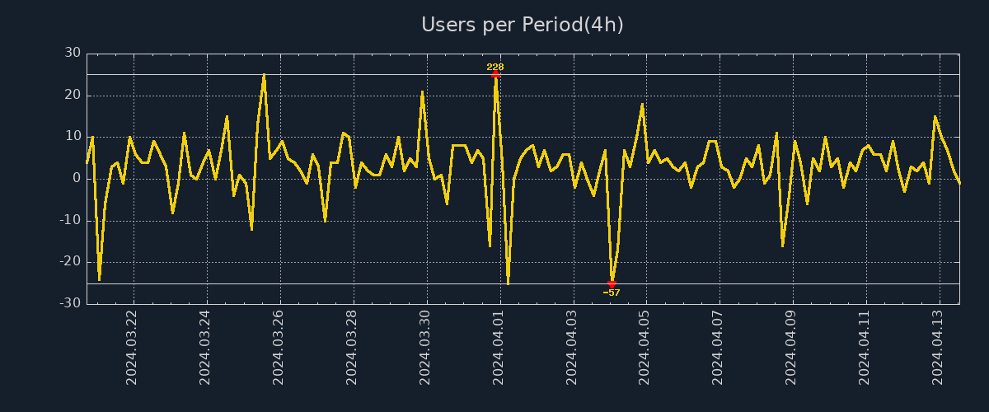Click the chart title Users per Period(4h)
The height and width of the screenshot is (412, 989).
[x=523, y=25]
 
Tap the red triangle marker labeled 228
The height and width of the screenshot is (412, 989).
[x=495, y=74]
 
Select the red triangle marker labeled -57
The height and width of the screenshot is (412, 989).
[x=612, y=283]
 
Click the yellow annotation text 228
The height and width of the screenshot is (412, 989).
[x=495, y=67]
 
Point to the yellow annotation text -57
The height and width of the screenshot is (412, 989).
[x=612, y=293]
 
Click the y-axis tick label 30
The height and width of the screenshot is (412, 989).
[x=73, y=53]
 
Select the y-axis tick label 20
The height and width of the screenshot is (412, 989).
[x=73, y=95]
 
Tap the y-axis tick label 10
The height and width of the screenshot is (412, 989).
[x=73, y=136]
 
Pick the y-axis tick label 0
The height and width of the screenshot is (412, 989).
[x=76, y=178]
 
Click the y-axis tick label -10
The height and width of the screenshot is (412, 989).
[x=71, y=220]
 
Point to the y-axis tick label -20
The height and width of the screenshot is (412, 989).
[x=71, y=261]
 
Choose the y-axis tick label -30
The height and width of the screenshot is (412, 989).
[x=71, y=303]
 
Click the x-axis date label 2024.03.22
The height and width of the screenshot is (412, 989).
[x=132, y=347]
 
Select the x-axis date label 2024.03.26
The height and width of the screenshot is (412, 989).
[x=279, y=347]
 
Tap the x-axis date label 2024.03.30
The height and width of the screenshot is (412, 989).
[x=425, y=347]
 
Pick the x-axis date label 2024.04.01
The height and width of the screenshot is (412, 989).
[x=499, y=347]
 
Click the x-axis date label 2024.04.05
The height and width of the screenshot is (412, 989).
[x=645, y=347]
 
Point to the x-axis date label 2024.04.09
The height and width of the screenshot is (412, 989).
[x=792, y=347]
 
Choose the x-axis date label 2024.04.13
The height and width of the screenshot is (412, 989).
[x=939, y=347]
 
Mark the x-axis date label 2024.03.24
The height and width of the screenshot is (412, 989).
[x=205, y=347]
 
